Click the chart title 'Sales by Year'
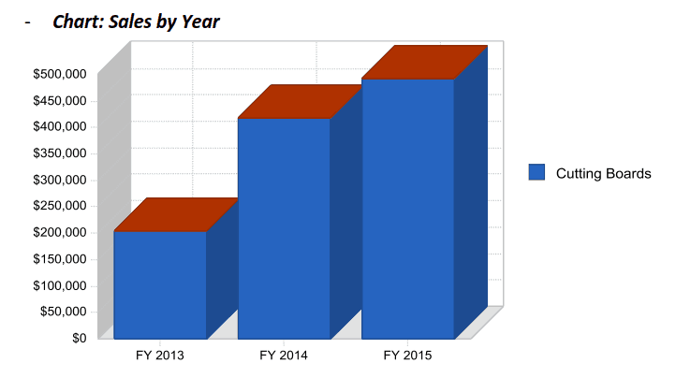pyautogui.click(x=136, y=21)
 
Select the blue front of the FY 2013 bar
pyautogui.click(x=160, y=284)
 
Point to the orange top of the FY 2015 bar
pyautogui.click(x=424, y=63)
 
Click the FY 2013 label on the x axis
pyautogui.click(x=159, y=356)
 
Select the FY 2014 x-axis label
pyautogui.click(x=284, y=356)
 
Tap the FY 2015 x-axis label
pyautogui.click(x=407, y=356)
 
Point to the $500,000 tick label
pyautogui.click(x=60, y=73)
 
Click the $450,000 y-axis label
pyautogui.click(x=60, y=100)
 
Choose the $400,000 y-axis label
pyautogui.click(x=60, y=126)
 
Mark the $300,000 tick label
pyautogui.click(x=60, y=180)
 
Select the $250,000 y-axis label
pyautogui.click(x=60, y=206)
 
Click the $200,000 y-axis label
pyautogui.click(x=60, y=232)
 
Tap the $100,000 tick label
pyautogui.click(x=60, y=285)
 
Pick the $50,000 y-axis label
pyautogui.click(x=64, y=312)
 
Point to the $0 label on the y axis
pyautogui.click(x=79, y=338)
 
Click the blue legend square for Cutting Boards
pyautogui.click(x=536, y=172)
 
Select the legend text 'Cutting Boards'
pyautogui.click(x=603, y=173)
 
